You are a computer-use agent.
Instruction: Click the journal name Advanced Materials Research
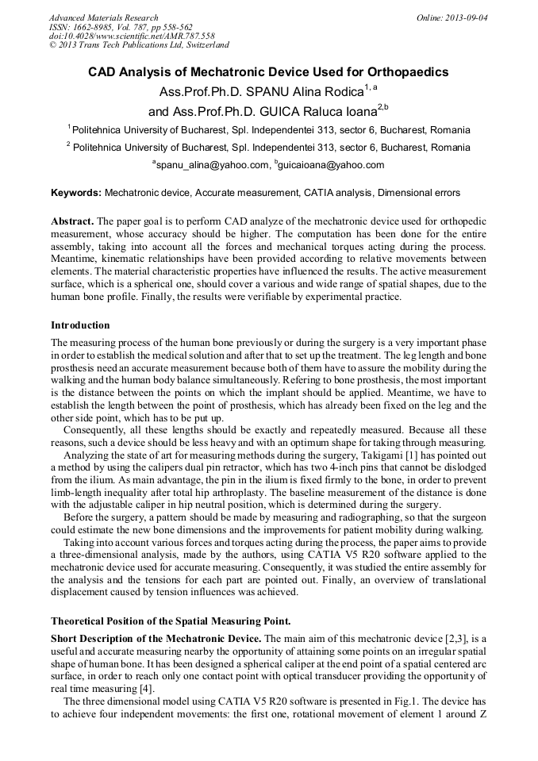pos(103,17)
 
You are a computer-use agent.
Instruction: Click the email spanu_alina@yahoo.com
pos(213,165)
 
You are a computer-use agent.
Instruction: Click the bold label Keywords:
pos(76,193)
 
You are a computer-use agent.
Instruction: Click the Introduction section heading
pos(80,325)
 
